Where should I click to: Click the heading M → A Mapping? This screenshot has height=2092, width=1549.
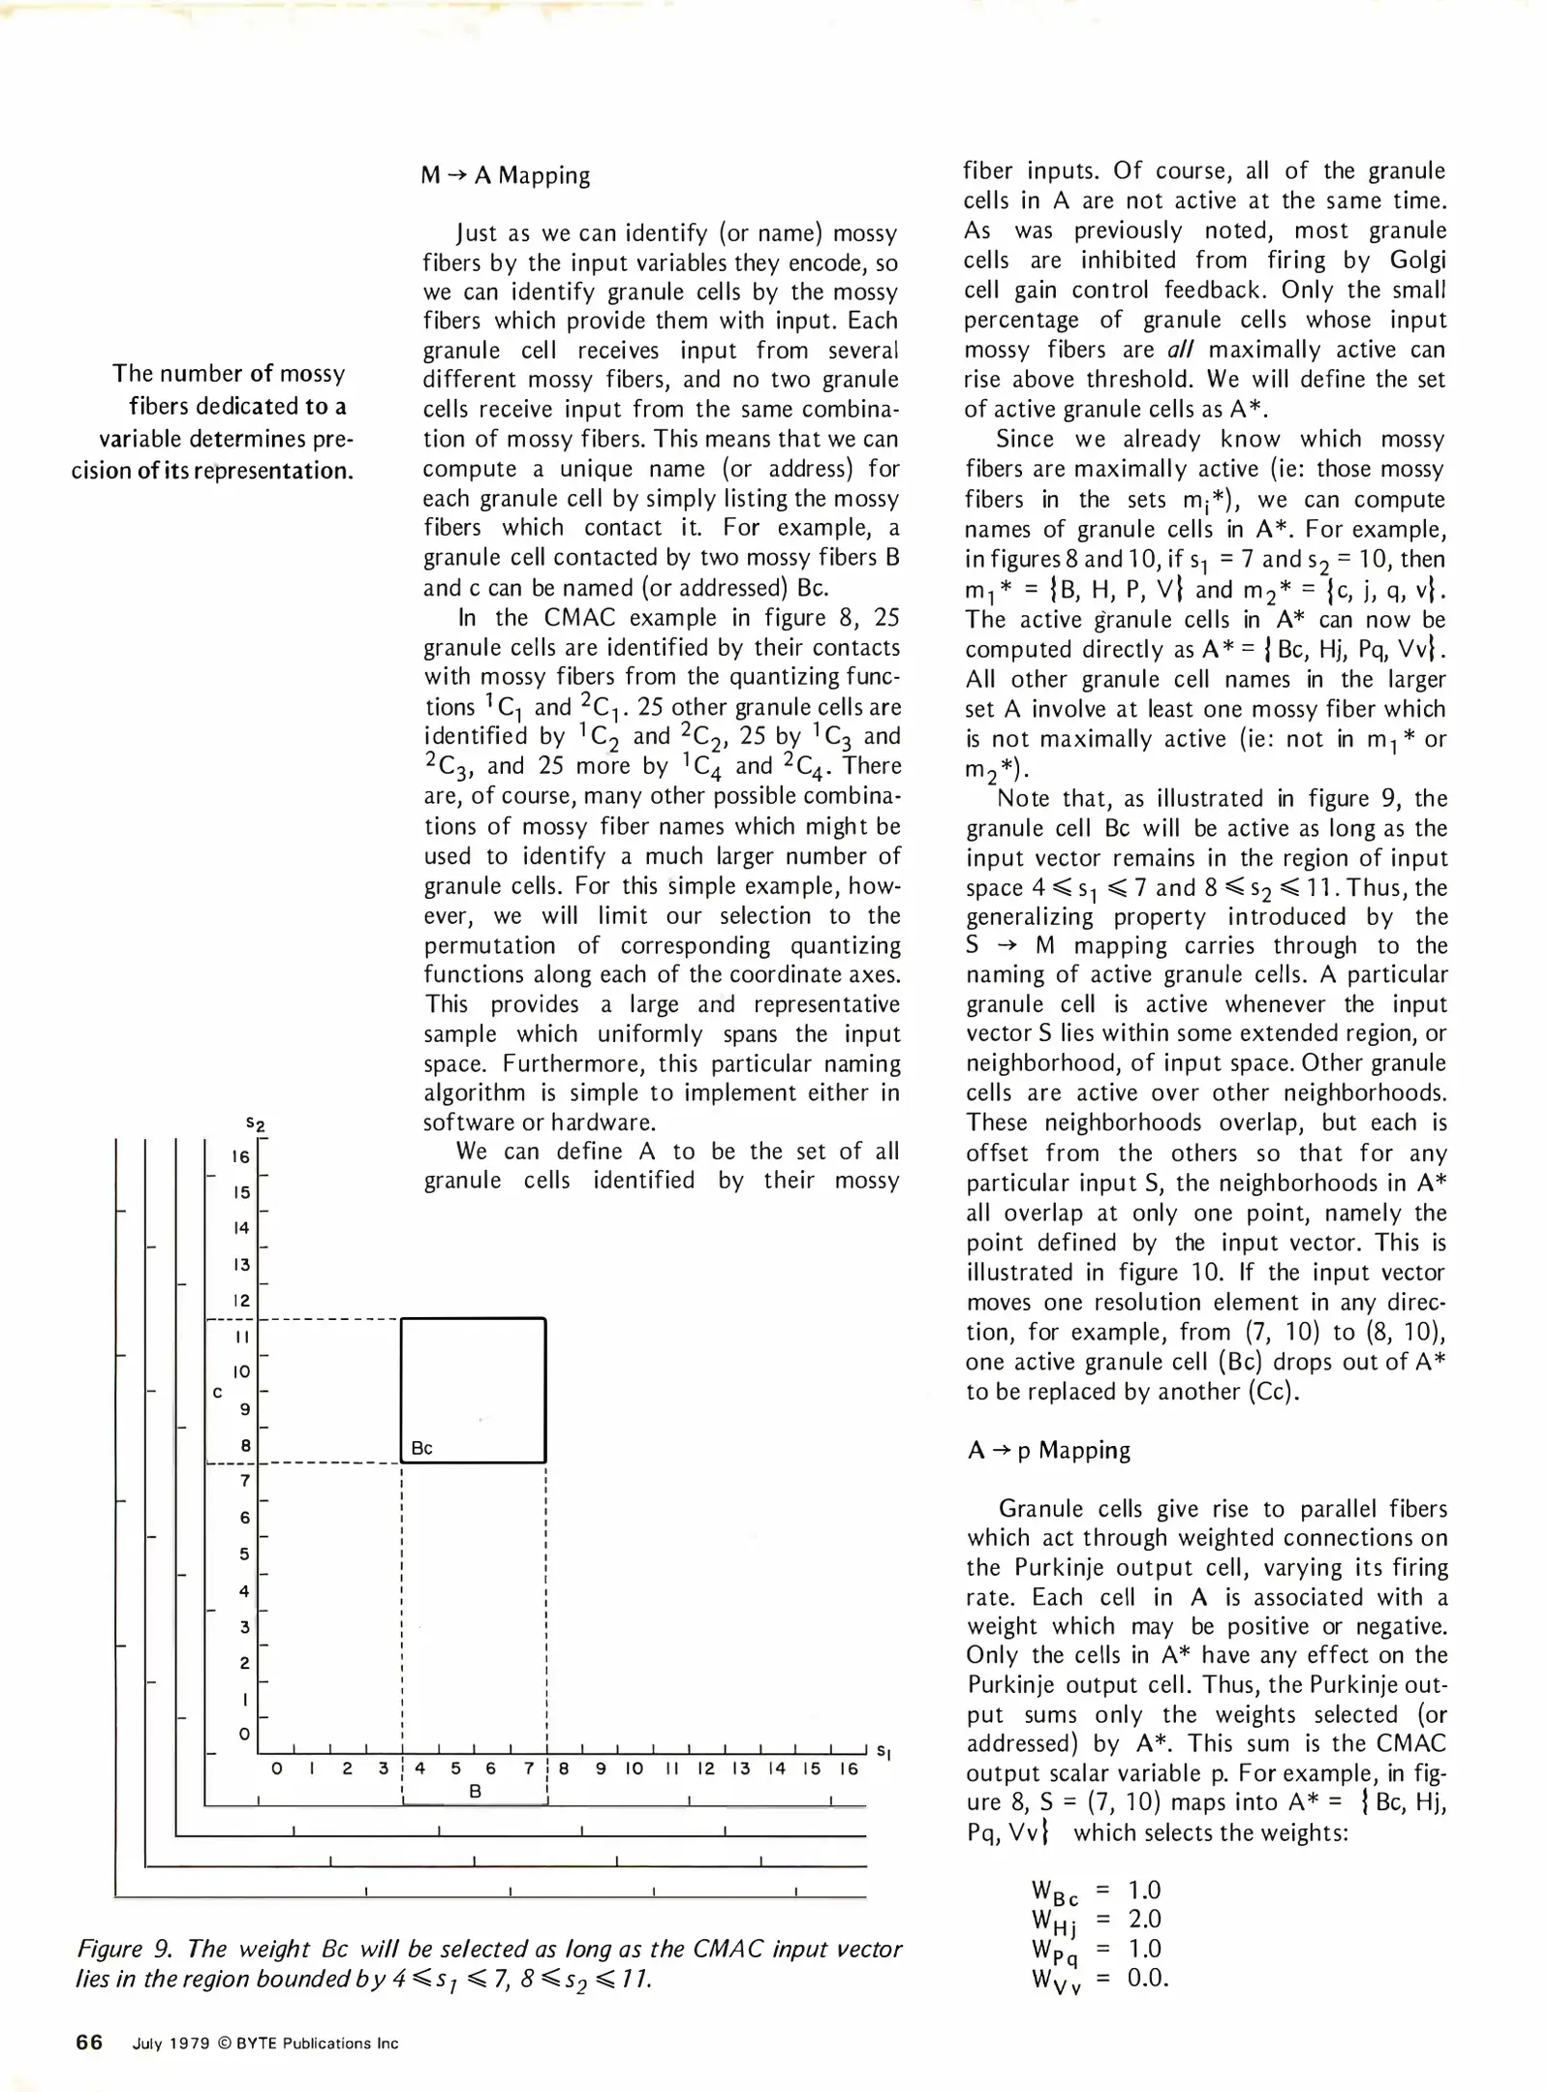505,176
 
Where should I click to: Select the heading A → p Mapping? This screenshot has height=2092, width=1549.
1048,1450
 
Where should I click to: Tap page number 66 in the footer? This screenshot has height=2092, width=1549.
89,2043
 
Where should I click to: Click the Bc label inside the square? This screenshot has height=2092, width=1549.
421,1448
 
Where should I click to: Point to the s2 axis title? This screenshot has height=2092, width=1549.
256,1123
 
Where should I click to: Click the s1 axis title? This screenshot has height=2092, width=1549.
883,1751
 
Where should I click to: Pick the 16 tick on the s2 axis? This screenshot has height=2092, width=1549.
241,1156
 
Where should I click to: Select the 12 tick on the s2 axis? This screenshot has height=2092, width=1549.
241,1300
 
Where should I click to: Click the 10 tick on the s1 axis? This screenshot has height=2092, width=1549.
634,1769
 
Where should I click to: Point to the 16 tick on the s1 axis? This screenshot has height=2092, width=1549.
849,1769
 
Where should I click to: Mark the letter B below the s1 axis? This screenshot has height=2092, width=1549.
475,1792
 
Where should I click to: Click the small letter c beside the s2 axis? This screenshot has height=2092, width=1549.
218,1393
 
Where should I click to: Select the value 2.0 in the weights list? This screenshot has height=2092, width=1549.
1144,1919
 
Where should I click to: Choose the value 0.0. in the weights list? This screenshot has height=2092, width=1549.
1148,1978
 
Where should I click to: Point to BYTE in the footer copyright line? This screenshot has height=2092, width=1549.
258,2044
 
